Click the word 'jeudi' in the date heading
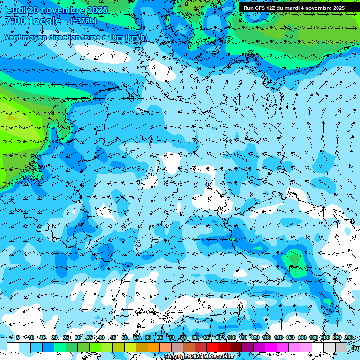click(15, 10)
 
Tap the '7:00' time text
click(14, 22)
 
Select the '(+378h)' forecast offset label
click(83, 21)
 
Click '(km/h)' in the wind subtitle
click(135, 37)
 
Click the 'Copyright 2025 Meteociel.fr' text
click(199, 356)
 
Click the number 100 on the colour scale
click(231, 337)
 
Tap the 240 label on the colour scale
click(348, 337)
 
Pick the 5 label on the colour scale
click(18, 337)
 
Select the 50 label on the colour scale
click(124, 337)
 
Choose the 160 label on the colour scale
click(302, 337)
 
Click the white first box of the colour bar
click(13, 347)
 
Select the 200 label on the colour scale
click(325, 337)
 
